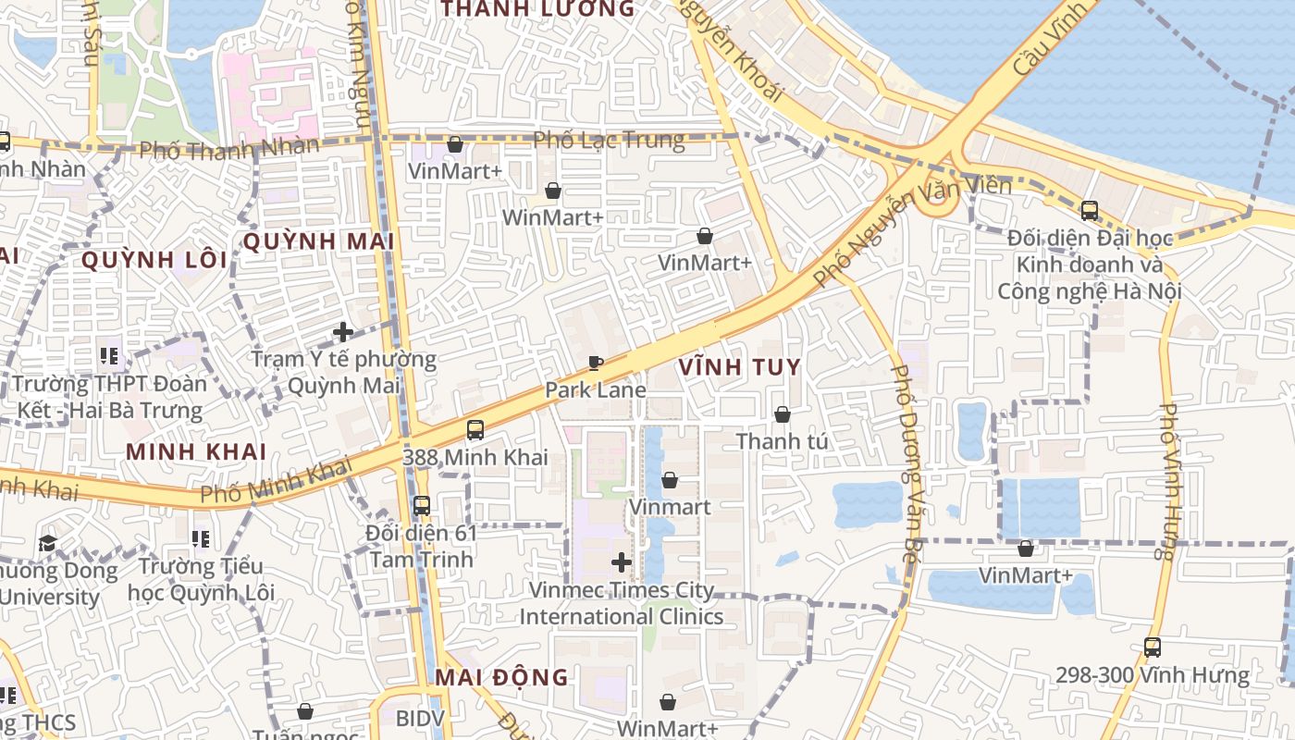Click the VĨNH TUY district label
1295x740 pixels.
[x=739, y=367]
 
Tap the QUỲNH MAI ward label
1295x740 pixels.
[x=318, y=242]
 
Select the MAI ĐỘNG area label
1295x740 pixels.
[x=501, y=677]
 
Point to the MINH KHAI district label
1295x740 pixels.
[x=196, y=452]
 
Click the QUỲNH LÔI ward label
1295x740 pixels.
[x=154, y=260]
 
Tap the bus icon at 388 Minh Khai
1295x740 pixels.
[x=475, y=430]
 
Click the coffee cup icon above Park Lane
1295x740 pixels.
[x=596, y=363]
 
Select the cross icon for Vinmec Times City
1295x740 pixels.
[x=622, y=561]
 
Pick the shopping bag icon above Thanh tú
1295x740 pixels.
[x=783, y=414]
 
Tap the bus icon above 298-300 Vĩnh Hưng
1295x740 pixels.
[x=1153, y=647]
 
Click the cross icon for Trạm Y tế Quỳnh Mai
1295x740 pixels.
[x=343, y=331]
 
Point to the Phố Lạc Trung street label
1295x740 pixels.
[x=610, y=141]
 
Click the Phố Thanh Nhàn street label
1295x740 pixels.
[x=229, y=148]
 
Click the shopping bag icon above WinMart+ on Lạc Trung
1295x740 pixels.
[x=553, y=191]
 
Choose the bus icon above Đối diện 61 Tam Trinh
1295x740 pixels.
[x=422, y=506]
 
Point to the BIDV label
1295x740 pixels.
[x=421, y=719]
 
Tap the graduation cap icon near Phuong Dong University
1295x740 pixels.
[x=48, y=543]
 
